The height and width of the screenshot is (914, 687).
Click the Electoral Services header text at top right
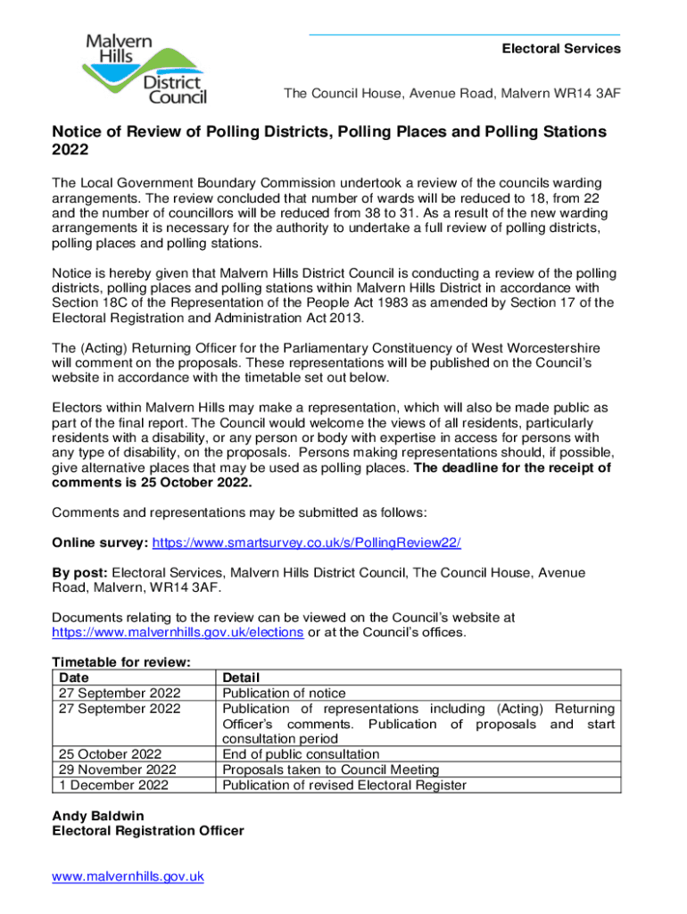tap(561, 48)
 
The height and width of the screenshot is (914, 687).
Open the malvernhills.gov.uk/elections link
tap(178, 632)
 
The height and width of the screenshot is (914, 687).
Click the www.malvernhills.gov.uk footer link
tap(128, 877)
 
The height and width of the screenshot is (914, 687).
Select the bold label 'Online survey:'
tap(101, 543)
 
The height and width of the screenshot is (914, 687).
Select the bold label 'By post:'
tap(80, 572)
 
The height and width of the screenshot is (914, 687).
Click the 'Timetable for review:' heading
tap(122, 662)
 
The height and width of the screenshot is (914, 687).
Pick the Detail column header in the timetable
tap(241, 678)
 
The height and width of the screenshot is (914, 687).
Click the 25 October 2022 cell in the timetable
tap(110, 754)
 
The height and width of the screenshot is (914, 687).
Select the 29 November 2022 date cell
tap(117, 769)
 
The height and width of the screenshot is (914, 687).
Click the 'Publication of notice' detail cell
tap(284, 694)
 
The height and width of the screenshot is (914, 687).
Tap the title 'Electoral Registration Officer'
tap(147, 831)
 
